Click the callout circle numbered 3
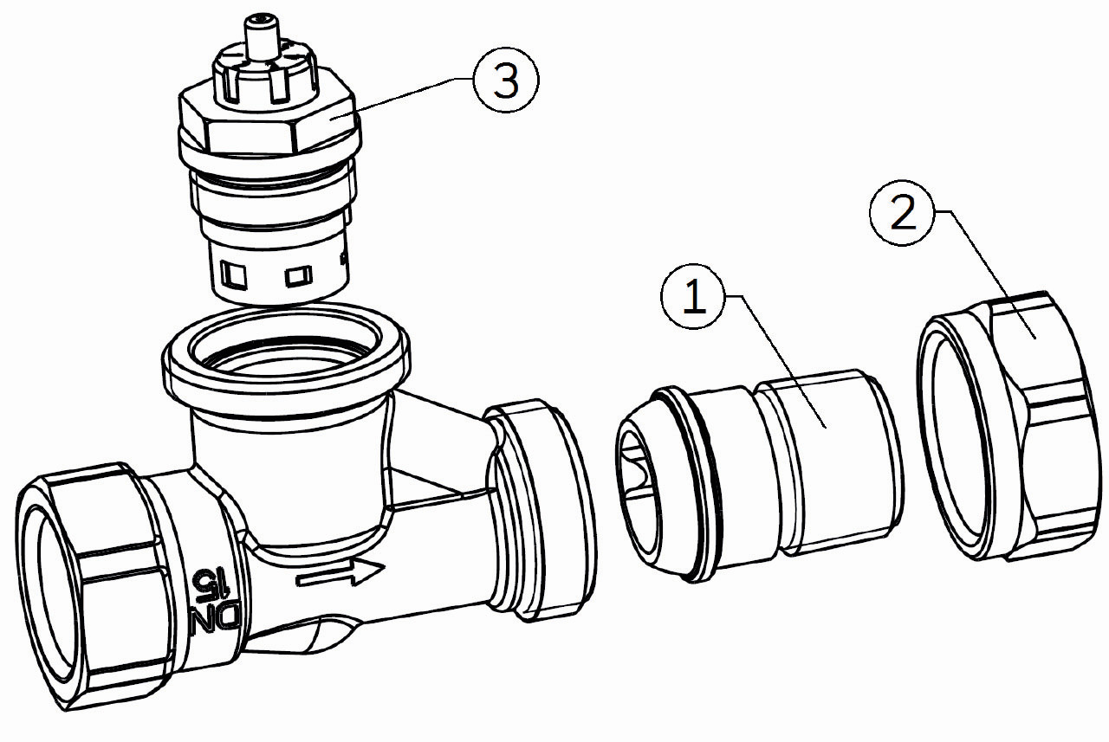[505, 80]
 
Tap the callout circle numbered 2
[903, 212]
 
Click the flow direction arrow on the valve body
[340, 573]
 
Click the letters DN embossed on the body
[216, 624]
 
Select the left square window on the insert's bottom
[234, 275]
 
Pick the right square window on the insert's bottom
[299, 276]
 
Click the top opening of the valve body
[286, 352]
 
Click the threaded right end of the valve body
[541, 509]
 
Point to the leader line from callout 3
[402, 98]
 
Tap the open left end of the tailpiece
[638, 494]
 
